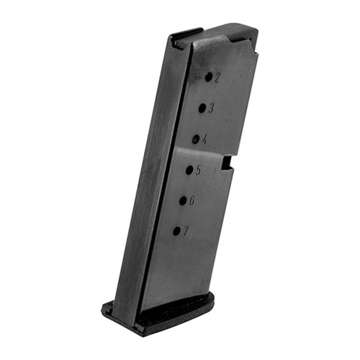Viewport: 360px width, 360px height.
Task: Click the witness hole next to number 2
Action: (209, 77)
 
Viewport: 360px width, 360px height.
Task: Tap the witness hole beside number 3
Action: (202, 108)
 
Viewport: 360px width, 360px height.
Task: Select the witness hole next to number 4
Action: (196, 139)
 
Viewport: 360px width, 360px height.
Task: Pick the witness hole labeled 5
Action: (190, 170)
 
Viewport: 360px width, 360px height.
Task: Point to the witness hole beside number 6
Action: (184, 201)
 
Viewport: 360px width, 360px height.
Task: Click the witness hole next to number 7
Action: (177, 231)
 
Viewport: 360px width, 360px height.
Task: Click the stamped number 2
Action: (217, 78)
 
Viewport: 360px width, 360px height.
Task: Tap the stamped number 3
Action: (211, 109)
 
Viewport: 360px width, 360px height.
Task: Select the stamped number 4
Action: (204, 140)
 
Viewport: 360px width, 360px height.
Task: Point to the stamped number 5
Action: (198, 170)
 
